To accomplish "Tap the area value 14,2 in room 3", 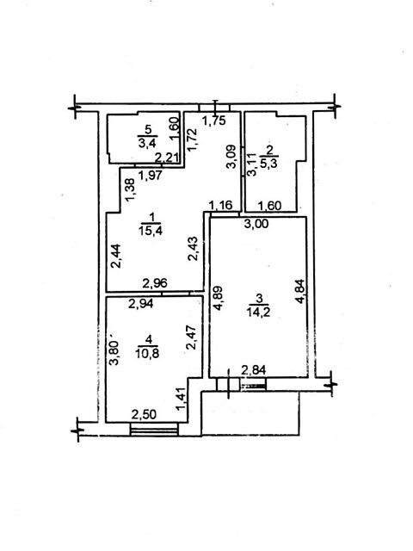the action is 258,312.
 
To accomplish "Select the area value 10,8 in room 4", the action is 147,353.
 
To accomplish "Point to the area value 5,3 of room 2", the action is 270,164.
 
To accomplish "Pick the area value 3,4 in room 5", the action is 147,143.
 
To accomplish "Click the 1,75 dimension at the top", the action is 213,121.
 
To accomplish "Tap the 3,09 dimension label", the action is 231,157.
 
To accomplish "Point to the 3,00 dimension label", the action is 256,223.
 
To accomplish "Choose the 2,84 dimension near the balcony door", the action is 254,370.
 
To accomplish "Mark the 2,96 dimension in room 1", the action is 155,283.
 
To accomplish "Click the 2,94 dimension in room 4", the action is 141,303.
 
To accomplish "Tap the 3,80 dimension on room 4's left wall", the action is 114,353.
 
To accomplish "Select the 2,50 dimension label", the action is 144,415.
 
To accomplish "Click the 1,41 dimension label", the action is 182,399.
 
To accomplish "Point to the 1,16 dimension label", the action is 220,205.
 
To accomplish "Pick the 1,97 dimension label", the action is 151,175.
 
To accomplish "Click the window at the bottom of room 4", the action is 154,430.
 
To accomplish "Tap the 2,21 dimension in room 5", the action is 167,158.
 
